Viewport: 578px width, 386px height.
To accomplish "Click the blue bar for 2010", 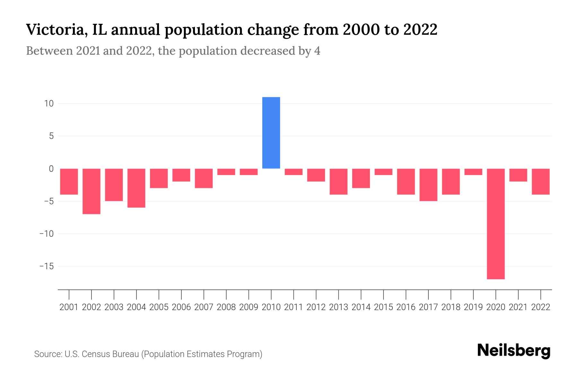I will (271, 133).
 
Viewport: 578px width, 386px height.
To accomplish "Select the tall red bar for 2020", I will (495, 224).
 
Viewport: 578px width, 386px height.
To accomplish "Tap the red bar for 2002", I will (92, 191).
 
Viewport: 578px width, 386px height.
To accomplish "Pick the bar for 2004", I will (136, 188).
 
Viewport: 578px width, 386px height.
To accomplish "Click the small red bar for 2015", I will (383, 172).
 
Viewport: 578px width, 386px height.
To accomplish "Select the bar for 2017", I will (428, 185).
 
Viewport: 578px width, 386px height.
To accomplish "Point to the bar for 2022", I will (541, 181).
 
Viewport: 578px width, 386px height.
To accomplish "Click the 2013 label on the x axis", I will (338, 307).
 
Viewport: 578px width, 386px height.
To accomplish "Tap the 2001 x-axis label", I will (69, 307).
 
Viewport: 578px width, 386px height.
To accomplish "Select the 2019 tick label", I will (473, 307).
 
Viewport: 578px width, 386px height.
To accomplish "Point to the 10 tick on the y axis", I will (49, 104).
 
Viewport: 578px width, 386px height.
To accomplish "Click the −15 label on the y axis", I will (47, 266).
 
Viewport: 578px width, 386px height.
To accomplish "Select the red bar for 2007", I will (204, 178).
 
